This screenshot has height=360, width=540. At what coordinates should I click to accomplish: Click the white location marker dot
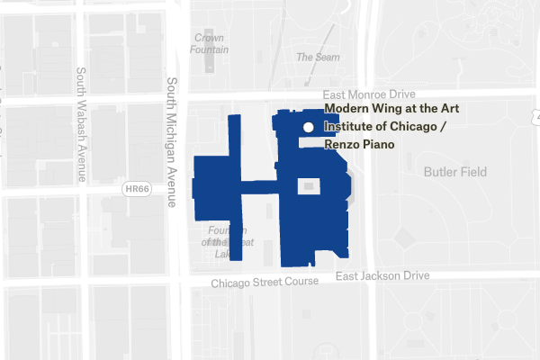click(x=308, y=128)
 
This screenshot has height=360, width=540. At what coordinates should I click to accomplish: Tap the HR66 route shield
click(x=135, y=188)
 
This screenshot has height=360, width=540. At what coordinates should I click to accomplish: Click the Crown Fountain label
click(x=209, y=44)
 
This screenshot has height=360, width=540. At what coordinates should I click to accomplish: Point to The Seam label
click(x=319, y=58)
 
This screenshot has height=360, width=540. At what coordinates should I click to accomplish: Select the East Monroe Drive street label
click(x=369, y=94)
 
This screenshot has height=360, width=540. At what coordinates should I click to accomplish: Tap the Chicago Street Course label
click(x=265, y=283)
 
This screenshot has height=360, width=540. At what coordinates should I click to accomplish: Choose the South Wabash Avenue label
click(x=80, y=125)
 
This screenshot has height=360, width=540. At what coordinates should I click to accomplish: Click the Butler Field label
click(x=454, y=171)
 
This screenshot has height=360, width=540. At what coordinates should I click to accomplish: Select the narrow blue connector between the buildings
click(x=260, y=188)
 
